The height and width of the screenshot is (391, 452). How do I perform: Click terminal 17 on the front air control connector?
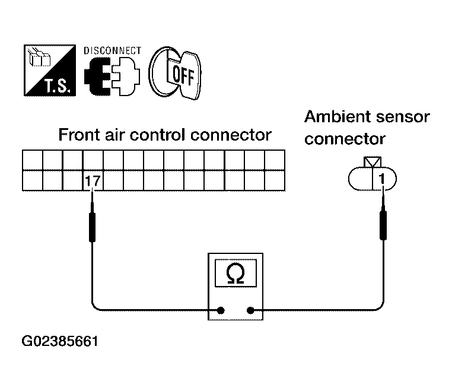[93, 181]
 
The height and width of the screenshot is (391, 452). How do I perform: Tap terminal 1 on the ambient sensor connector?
[381, 179]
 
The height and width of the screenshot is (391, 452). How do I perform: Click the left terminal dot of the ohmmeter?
[221, 310]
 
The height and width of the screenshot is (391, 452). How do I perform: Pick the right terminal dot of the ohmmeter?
[250, 310]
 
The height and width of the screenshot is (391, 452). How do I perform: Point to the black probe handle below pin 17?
[93, 227]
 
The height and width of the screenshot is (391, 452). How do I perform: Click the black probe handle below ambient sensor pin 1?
[383, 225]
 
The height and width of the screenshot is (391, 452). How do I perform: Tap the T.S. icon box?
[50, 71]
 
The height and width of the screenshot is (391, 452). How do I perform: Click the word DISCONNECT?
[113, 51]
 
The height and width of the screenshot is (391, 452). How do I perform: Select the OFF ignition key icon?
[174, 73]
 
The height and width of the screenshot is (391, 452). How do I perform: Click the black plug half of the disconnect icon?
[97, 76]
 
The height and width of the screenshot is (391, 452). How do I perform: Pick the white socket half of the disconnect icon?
[126, 76]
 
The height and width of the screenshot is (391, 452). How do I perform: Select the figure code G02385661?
[60, 341]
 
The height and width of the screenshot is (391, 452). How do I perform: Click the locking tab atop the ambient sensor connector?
[373, 162]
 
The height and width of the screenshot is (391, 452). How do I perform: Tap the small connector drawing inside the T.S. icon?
[39, 57]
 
